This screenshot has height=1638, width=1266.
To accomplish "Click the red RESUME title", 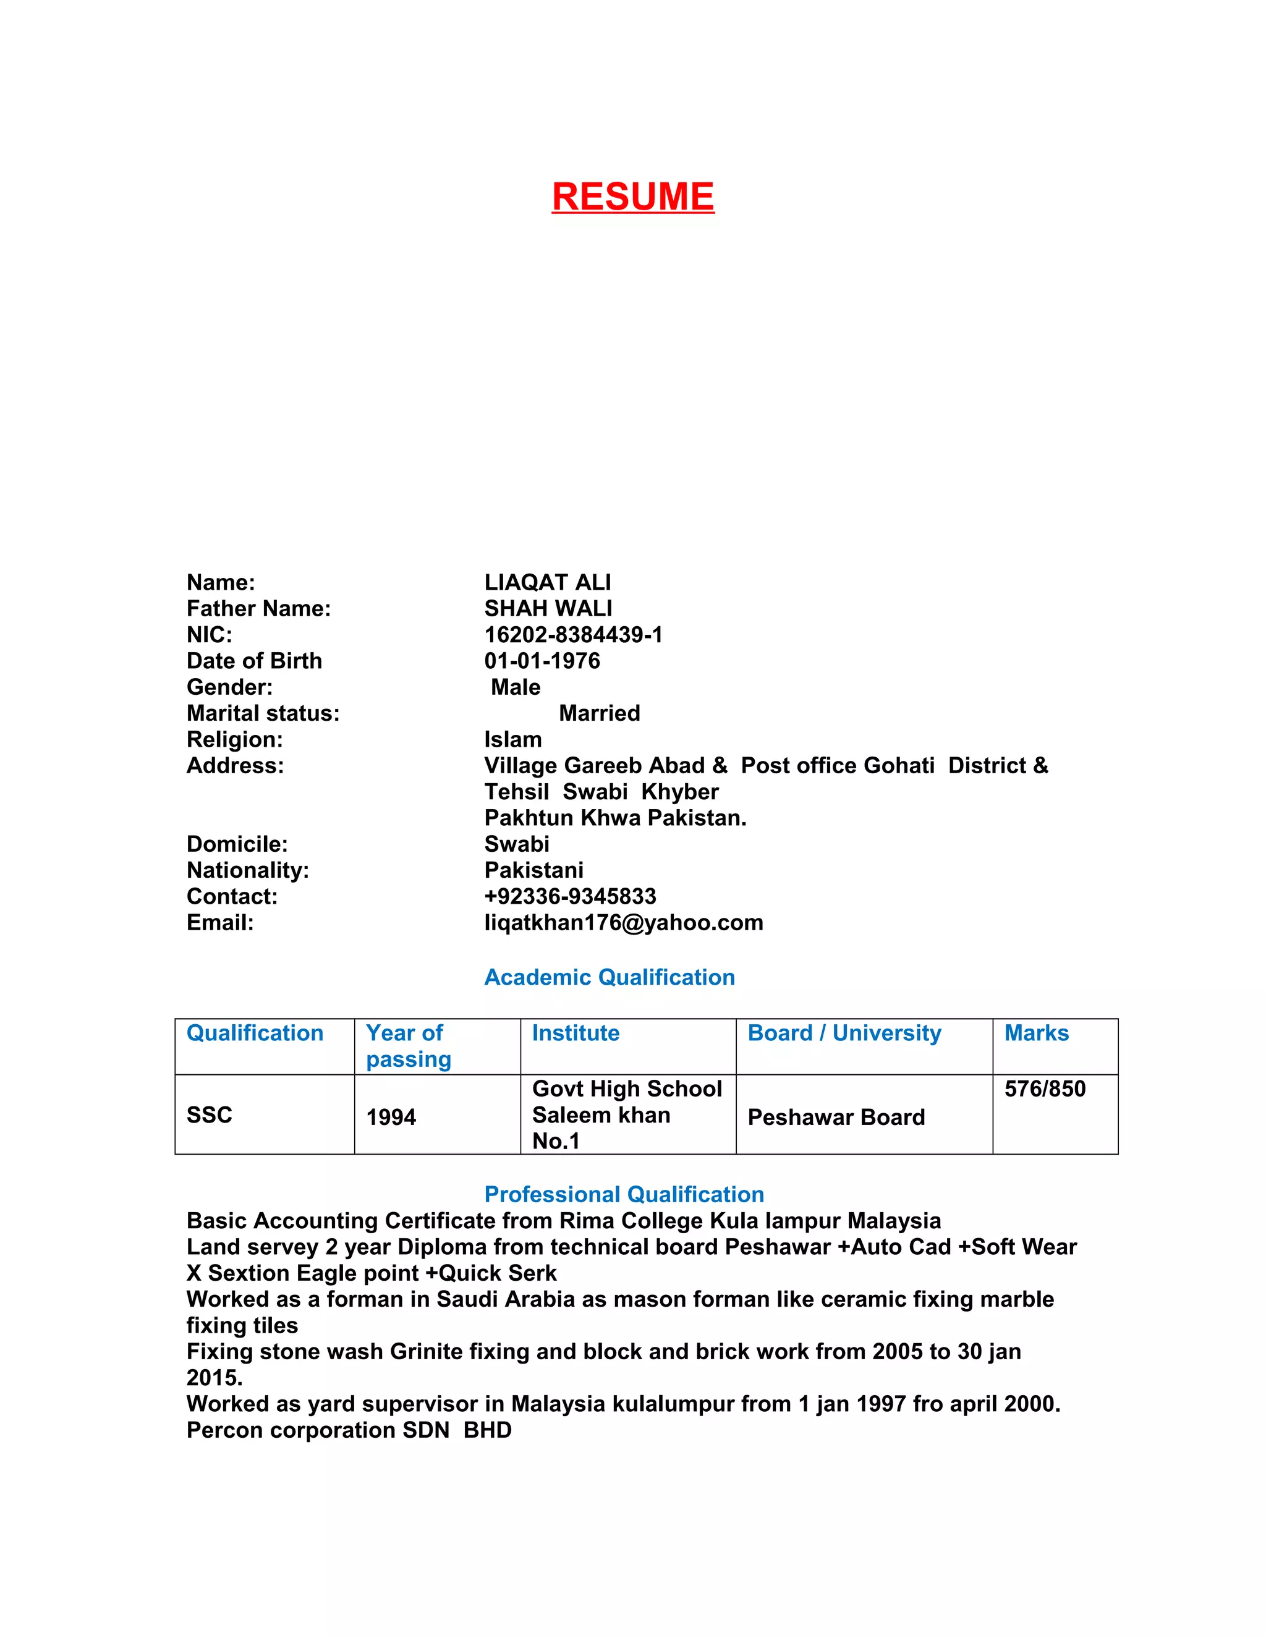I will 632,197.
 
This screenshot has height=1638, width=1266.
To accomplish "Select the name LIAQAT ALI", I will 548,582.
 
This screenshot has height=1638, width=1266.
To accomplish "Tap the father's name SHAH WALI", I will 548,608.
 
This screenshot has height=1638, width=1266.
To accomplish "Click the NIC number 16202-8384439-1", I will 573,635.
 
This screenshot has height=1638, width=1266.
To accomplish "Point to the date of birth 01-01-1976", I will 542,661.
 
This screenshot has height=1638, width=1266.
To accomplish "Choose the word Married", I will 599,713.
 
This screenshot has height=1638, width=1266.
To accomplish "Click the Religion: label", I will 235,739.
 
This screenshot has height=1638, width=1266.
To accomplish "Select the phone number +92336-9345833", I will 570,896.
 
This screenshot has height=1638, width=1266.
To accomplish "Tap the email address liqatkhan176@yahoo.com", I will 623,922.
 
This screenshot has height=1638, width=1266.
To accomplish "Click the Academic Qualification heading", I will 609,977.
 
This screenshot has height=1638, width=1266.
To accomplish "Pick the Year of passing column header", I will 408,1046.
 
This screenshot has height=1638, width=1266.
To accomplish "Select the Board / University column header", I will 844,1033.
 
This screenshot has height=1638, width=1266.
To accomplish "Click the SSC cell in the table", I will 210,1115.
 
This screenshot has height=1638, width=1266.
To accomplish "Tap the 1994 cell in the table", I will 391,1118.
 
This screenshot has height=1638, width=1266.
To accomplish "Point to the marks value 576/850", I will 1045,1089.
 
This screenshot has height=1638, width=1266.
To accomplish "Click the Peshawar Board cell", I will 836,1118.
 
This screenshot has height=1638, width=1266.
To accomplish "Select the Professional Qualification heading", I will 624,1195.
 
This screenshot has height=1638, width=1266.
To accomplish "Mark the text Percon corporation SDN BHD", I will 349,1430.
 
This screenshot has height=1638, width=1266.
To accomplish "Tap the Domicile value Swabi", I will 517,844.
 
